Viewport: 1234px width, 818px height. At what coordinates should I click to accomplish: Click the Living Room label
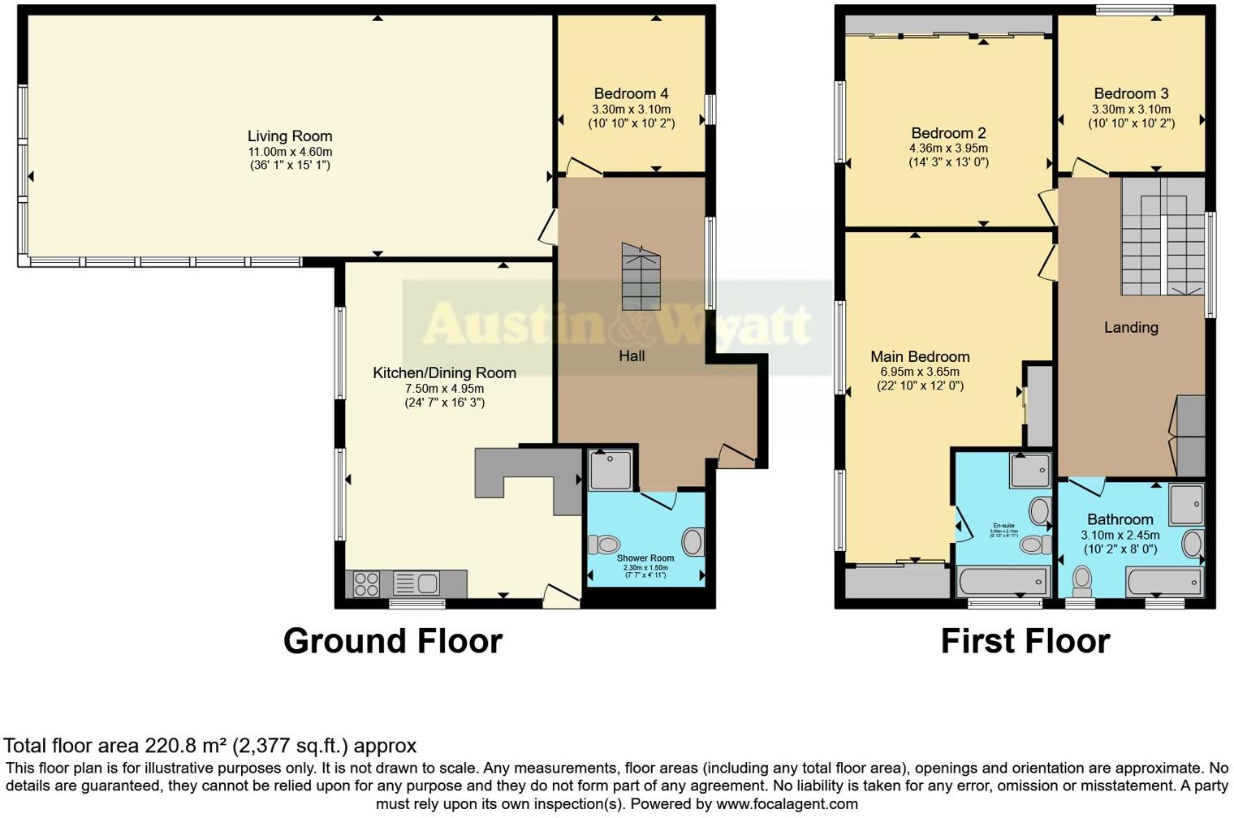point(290,136)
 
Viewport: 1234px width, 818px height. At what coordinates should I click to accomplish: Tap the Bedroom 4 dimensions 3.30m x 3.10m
point(631,110)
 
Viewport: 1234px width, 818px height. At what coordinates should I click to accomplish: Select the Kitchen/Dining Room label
point(444,373)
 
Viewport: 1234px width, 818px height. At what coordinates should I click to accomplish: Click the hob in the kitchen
point(367,583)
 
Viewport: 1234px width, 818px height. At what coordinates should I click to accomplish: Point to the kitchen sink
point(416,583)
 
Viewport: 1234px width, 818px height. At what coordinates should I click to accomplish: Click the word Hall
point(632,356)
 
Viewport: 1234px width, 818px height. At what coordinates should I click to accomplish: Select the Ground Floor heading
point(392,641)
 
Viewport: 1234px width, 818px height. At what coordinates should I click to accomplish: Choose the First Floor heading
point(1025,641)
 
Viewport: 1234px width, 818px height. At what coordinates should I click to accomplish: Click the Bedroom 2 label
point(948,133)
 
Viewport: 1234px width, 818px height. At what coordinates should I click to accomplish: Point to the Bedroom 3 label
point(1131,93)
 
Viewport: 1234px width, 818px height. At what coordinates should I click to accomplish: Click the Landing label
point(1131,328)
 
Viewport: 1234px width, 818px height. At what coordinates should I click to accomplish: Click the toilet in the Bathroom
point(1082,580)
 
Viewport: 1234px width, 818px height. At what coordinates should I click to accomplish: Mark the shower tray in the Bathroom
point(1187,503)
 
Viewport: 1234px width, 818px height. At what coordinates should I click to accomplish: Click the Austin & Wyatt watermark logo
point(615,325)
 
